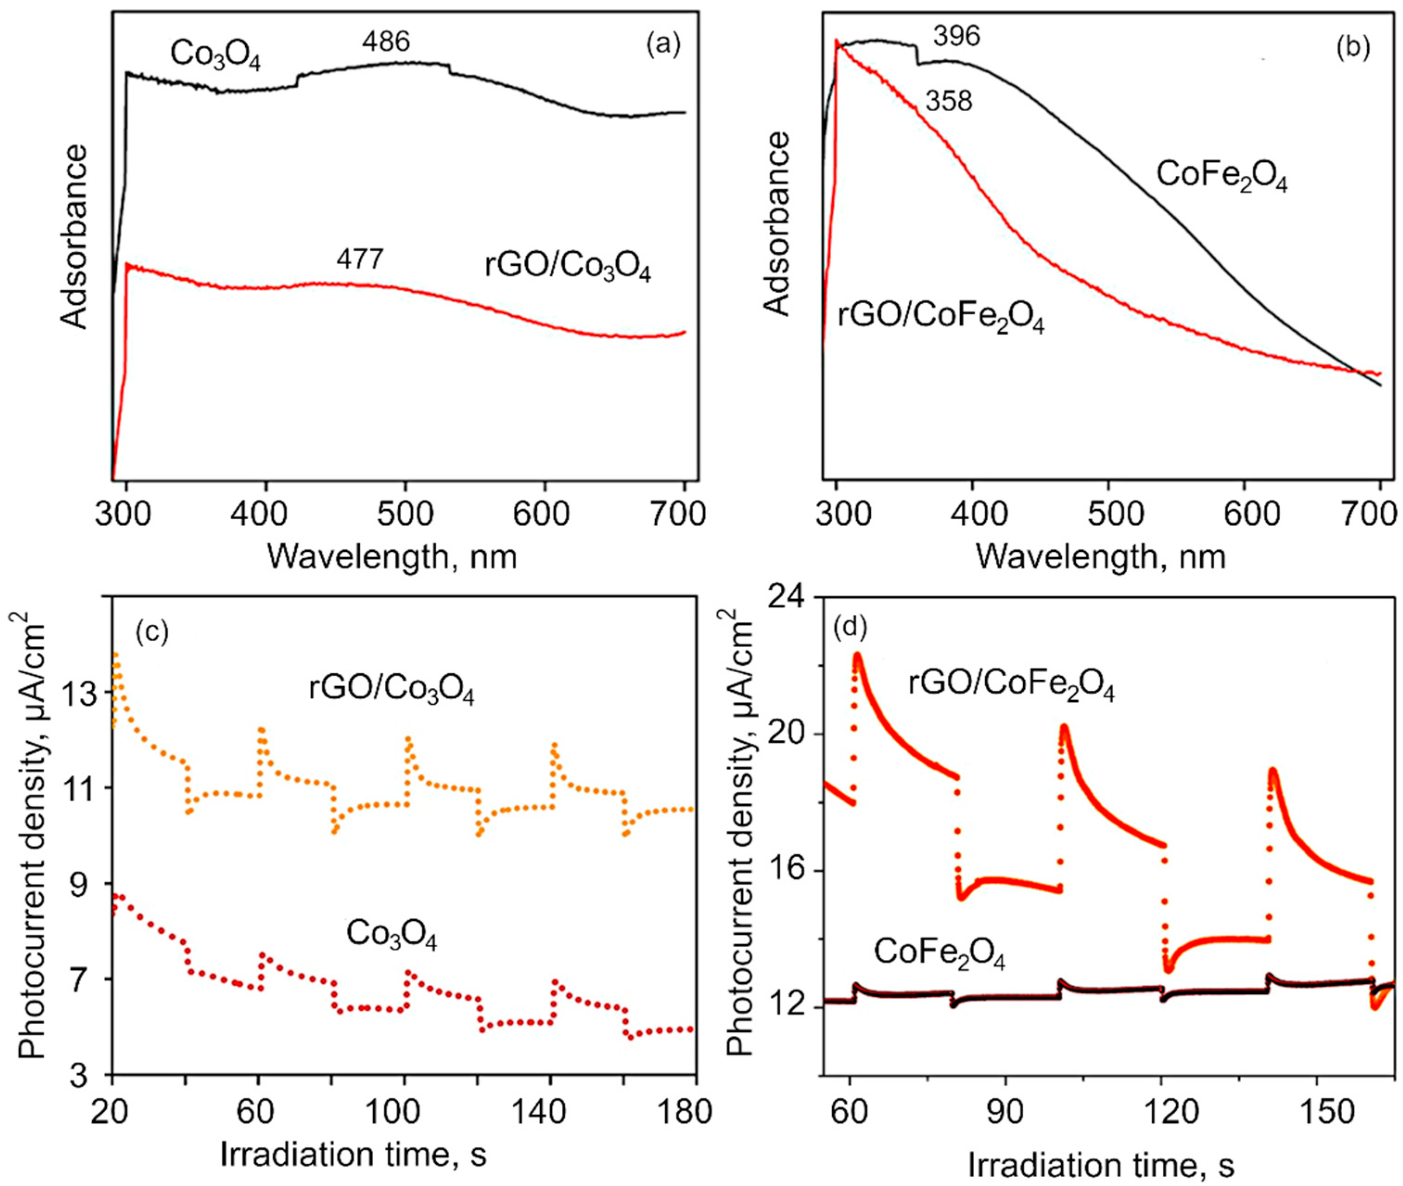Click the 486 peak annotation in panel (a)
pyautogui.click(x=385, y=42)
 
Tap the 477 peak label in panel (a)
pyautogui.click(x=360, y=259)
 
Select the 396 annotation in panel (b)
pyautogui.click(x=957, y=36)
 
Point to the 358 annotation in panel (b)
pyautogui.click(x=949, y=102)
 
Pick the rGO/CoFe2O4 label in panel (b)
pyautogui.click(x=940, y=317)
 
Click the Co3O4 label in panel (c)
pyautogui.click(x=391, y=935)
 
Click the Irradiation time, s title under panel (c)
pyautogui.click(x=353, y=1154)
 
